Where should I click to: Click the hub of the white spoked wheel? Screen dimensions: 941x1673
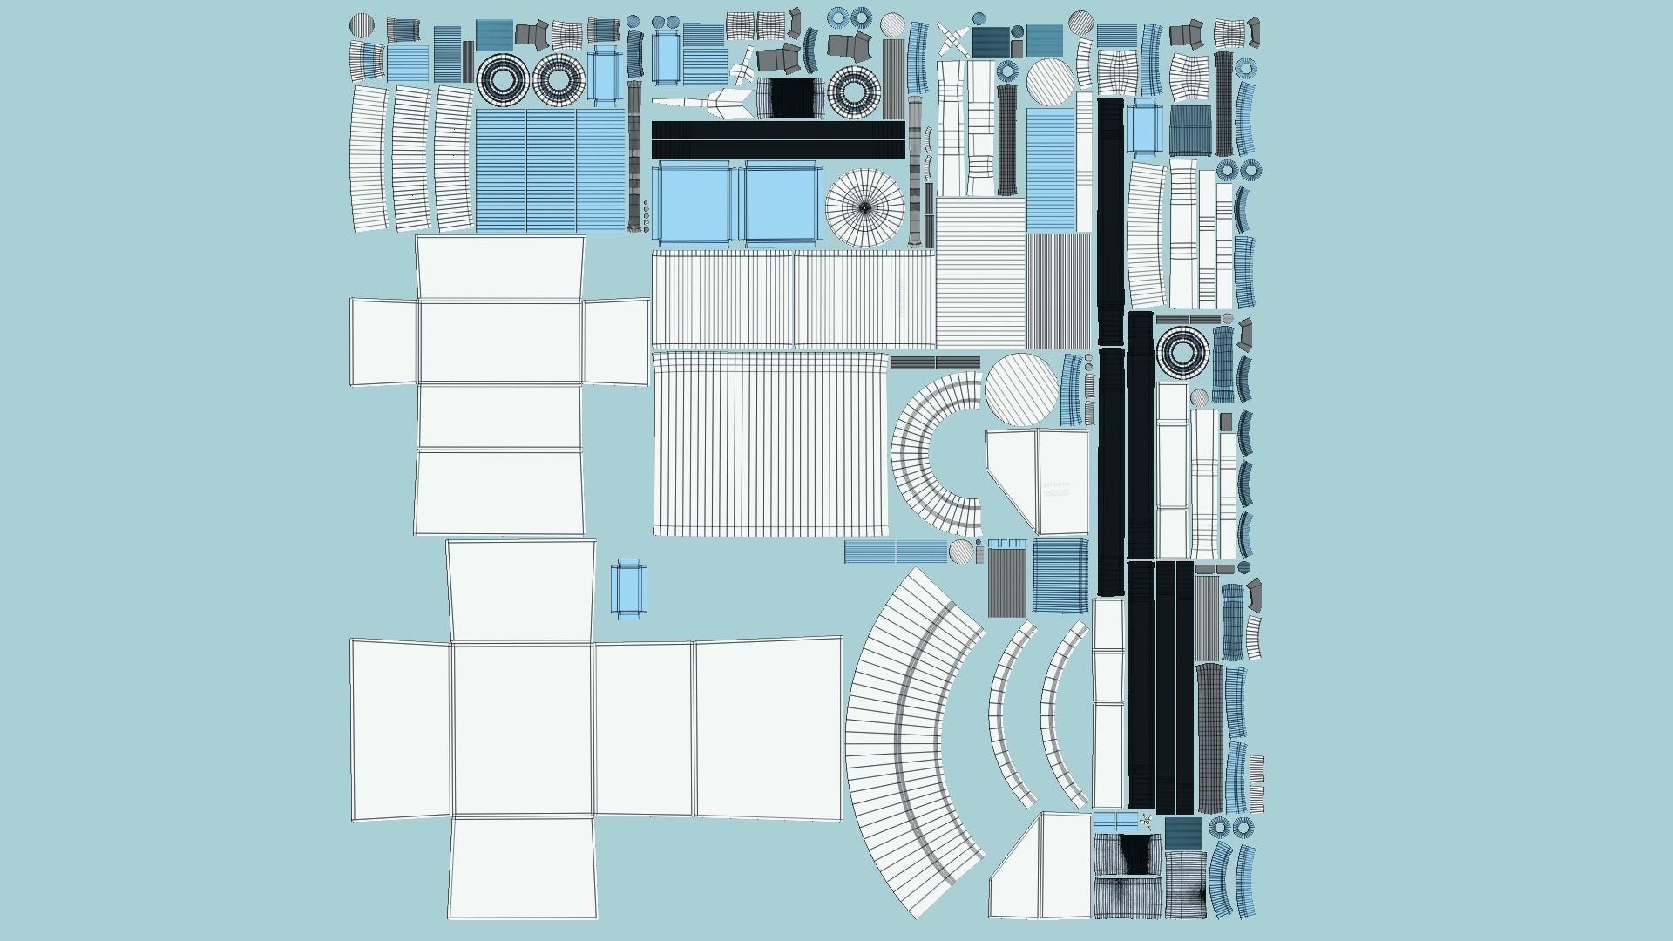[864, 207]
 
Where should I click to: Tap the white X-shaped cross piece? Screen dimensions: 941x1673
[952, 40]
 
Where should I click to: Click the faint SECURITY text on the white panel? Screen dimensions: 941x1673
[1057, 484]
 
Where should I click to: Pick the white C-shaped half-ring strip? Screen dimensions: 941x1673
[932, 453]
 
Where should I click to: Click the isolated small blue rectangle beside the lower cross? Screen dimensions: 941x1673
[628, 588]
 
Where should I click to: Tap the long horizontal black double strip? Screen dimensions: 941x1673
[778, 139]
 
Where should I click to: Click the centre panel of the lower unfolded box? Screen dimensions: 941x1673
[522, 729]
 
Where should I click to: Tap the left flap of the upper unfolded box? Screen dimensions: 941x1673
[384, 342]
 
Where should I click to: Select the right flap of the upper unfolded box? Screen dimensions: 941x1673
[616, 342]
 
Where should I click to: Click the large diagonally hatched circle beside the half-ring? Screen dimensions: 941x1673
[1022, 390]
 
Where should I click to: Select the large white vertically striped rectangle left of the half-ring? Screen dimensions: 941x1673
[770, 443]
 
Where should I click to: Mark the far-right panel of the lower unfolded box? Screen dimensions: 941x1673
[768, 728]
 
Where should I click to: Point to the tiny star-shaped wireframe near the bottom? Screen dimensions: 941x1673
[1146, 820]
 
